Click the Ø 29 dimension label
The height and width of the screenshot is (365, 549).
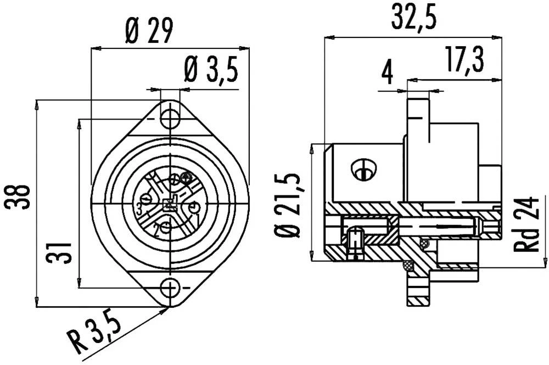click(x=149, y=32)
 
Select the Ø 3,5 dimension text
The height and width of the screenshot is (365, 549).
click(x=210, y=70)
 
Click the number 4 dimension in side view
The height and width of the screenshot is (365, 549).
click(x=388, y=72)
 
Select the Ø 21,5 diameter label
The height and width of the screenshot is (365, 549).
click(x=290, y=205)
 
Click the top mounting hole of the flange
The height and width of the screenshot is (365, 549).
click(x=170, y=118)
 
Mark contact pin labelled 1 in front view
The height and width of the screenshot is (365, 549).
click(x=193, y=209)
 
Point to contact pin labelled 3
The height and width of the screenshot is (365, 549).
click(x=147, y=199)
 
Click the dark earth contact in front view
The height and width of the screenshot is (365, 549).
click(x=186, y=177)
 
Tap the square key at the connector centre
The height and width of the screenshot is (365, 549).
click(x=170, y=204)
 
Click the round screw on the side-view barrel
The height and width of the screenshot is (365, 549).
click(x=363, y=170)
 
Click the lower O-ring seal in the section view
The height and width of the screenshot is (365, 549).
click(x=407, y=265)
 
